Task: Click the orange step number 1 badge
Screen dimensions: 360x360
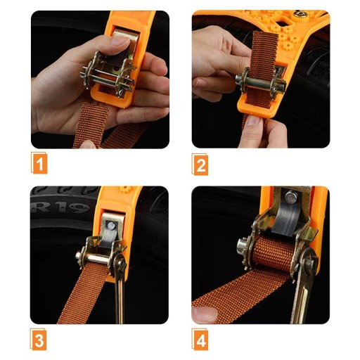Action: (39, 163)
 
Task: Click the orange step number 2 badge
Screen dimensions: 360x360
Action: (200, 165)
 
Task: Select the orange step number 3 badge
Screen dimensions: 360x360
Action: (38, 340)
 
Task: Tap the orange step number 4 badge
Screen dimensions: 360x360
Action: (200, 340)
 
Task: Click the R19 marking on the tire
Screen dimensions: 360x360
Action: (60, 207)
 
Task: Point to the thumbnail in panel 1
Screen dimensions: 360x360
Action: (120, 41)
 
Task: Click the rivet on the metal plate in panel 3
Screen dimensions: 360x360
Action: (111, 226)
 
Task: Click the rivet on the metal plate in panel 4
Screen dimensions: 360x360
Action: (291, 197)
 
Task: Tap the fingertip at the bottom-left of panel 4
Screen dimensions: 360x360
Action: (204, 314)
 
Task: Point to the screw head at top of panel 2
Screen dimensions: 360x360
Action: (301, 14)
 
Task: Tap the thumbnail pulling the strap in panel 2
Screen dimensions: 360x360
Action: (253, 121)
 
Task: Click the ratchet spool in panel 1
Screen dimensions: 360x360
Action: (108, 75)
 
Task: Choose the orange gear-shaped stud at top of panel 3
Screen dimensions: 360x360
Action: (124, 189)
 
